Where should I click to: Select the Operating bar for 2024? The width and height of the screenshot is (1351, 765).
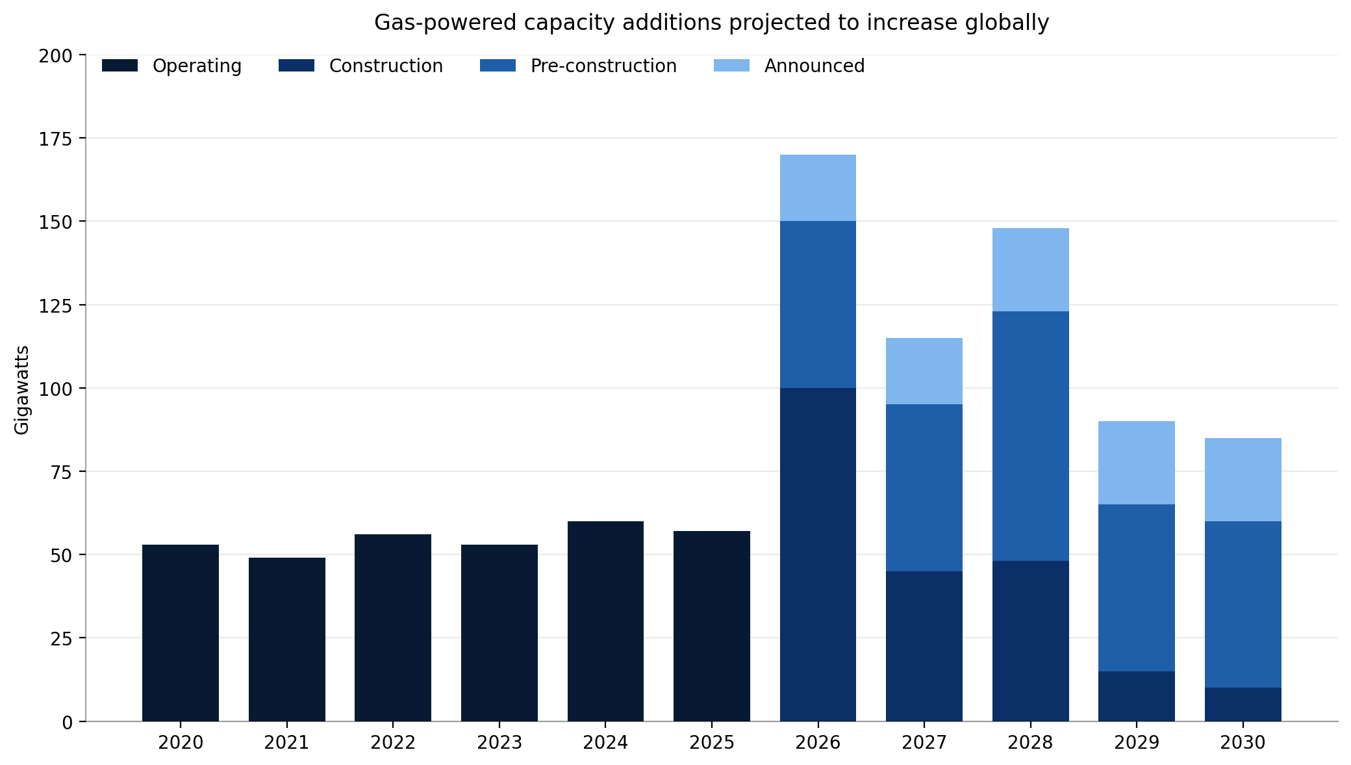pyautogui.click(x=605, y=621)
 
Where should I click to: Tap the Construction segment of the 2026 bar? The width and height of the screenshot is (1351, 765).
pyautogui.click(x=818, y=554)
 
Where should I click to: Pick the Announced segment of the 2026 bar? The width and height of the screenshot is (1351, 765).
pyautogui.click(x=818, y=188)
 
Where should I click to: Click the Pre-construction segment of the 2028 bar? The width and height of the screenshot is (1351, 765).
pyautogui.click(x=1030, y=435)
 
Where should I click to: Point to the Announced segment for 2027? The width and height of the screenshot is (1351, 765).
pyautogui.click(x=924, y=371)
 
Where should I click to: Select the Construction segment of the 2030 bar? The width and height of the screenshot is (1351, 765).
pyautogui.click(x=1243, y=704)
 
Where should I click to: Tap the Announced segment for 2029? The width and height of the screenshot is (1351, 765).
pyautogui.click(x=1136, y=463)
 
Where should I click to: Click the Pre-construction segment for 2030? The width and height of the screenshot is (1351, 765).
pyautogui.click(x=1243, y=604)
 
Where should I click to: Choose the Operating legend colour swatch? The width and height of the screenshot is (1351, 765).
pyautogui.click(x=120, y=66)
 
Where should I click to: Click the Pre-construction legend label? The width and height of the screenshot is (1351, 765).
pyautogui.click(x=603, y=66)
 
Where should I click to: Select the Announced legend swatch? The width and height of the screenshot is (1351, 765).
pyautogui.click(x=731, y=66)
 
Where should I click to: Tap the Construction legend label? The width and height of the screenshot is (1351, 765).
pyautogui.click(x=386, y=66)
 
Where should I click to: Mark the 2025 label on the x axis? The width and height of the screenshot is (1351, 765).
pyautogui.click(x=711, y=742)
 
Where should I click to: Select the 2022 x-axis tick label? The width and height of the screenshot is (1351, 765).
pyautogui.click(x=392, y=742)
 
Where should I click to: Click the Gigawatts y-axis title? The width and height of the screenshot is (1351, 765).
pyautogui.click(x=22, y=389)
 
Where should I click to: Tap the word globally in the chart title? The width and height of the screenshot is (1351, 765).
pyautogui.click(x=1011, y=23)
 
